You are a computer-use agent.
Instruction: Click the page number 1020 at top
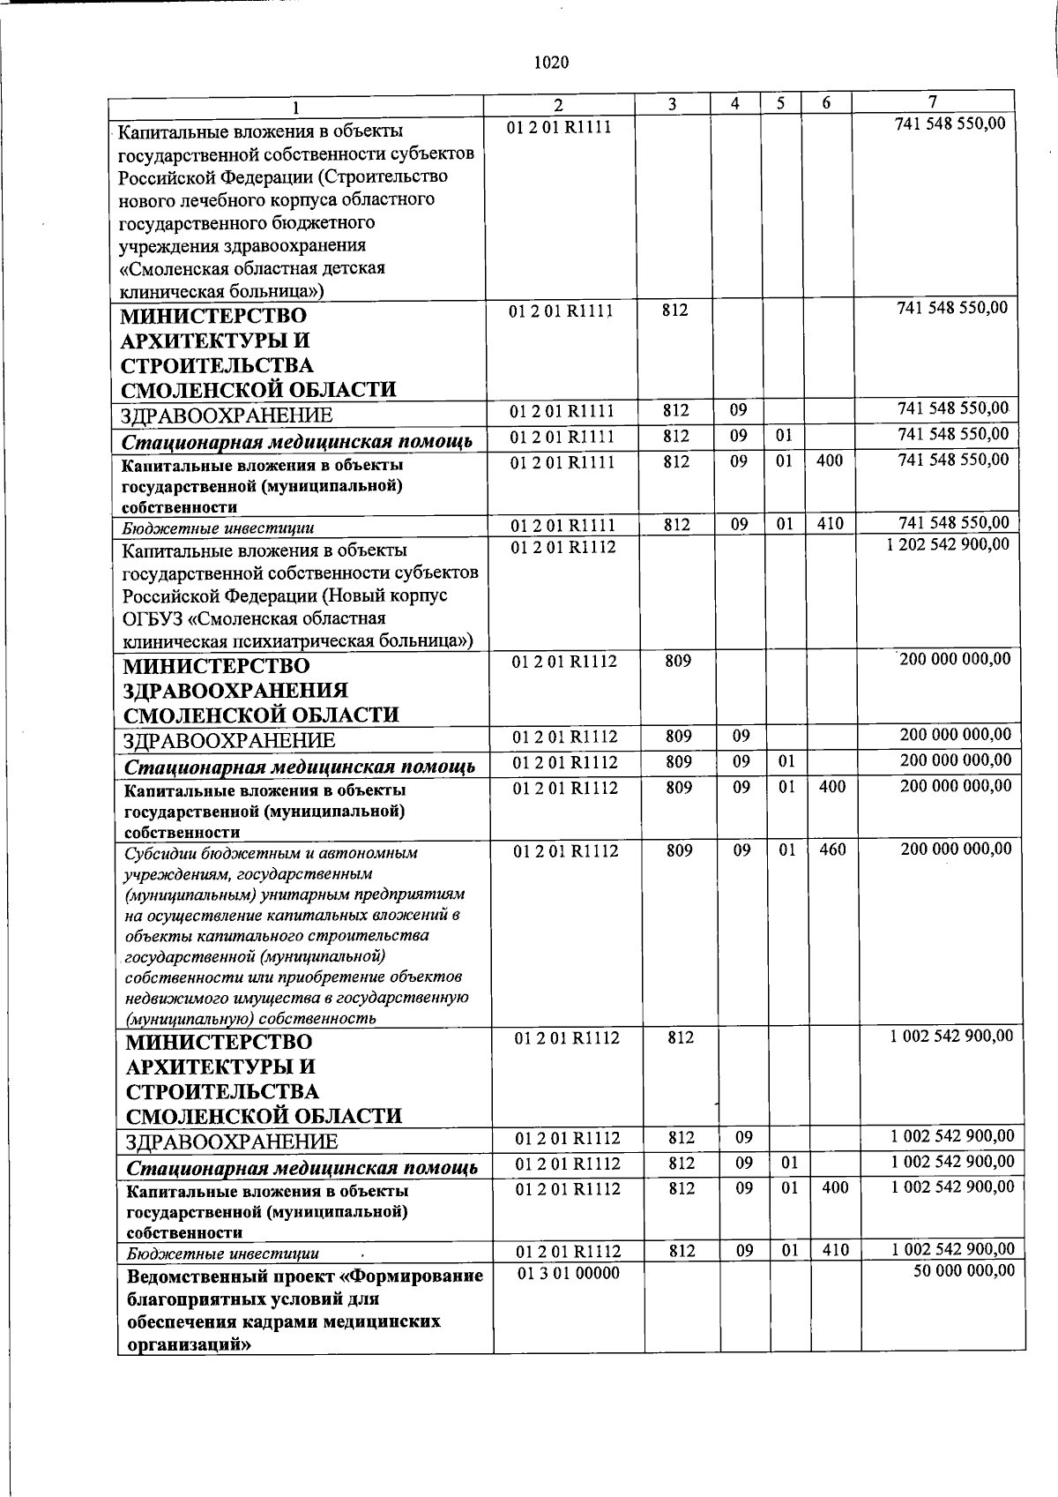coord(552,63)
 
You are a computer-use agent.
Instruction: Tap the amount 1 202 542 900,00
coord(948,544)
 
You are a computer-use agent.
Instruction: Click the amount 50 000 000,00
coord(967,1270)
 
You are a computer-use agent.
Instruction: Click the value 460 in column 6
coord(832,850)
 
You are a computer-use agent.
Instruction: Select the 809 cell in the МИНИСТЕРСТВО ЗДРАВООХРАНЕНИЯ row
coord(678,661)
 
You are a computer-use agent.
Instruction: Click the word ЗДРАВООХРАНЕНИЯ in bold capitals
coord(235,690)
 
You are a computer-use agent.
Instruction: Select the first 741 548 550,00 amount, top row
coord(950,124)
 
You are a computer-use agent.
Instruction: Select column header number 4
coord(735,103)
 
